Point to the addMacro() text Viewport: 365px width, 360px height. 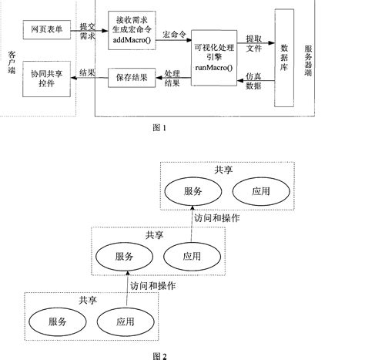tap(131, 38)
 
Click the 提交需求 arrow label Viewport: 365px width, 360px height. tap(89, 32)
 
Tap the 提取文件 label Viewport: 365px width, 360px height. tap(255, 42)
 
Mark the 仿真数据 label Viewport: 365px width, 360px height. tap(255, 81)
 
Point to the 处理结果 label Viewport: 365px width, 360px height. tap(173, 78)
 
